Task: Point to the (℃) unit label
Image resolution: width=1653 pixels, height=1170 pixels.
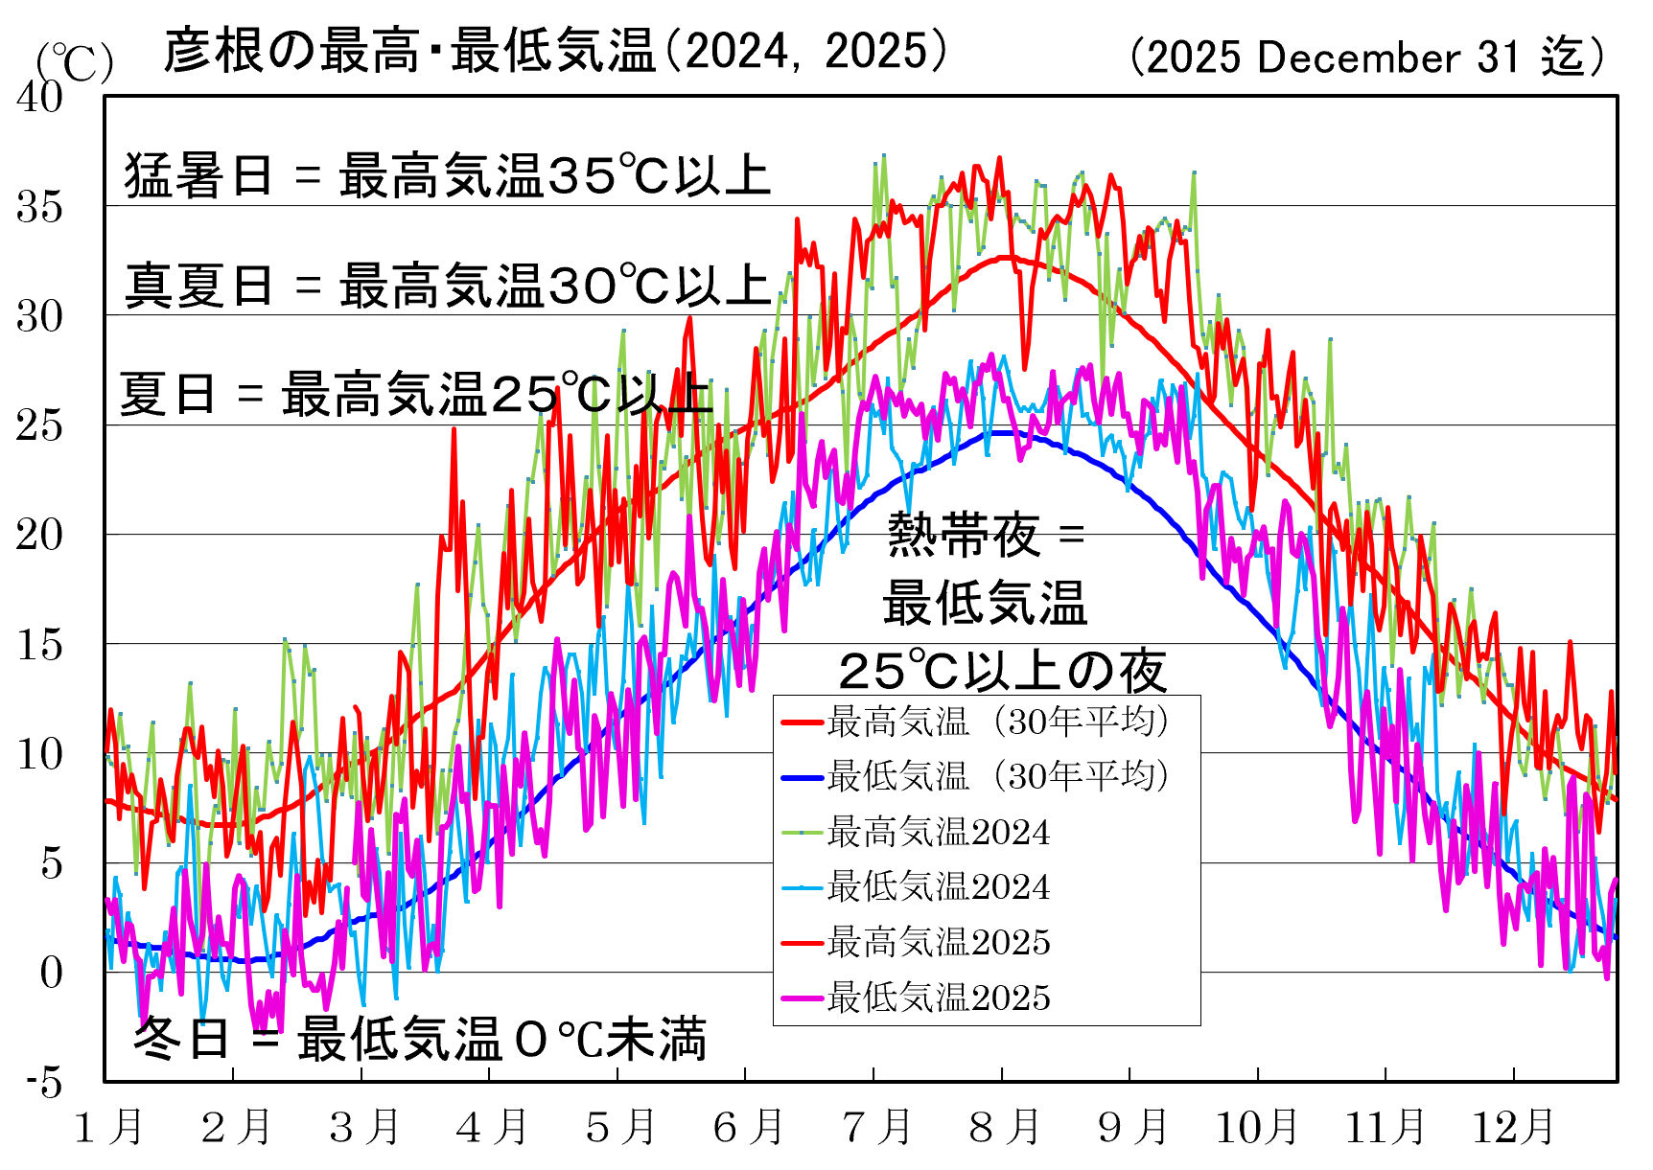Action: point(74,63)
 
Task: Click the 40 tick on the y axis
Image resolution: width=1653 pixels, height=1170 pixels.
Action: point(39,97)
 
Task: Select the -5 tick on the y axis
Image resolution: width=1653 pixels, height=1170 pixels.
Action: point(44,1082)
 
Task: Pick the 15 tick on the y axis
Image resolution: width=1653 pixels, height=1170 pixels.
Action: point(39,644)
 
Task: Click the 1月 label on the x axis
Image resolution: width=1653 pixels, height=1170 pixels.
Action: point(108,1127)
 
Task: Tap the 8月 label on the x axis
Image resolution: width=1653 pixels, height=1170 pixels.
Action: point(1004,1127)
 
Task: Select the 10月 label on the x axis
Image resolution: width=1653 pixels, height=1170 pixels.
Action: point(1257,1127)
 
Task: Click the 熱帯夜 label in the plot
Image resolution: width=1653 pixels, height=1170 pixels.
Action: point(963,534)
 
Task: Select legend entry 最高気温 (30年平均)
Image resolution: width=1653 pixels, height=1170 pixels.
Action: point(997,722)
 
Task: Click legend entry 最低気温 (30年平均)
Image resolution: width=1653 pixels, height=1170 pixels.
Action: point(997,776)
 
